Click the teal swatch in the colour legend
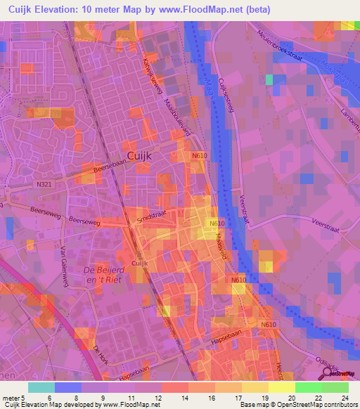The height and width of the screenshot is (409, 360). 41,387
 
